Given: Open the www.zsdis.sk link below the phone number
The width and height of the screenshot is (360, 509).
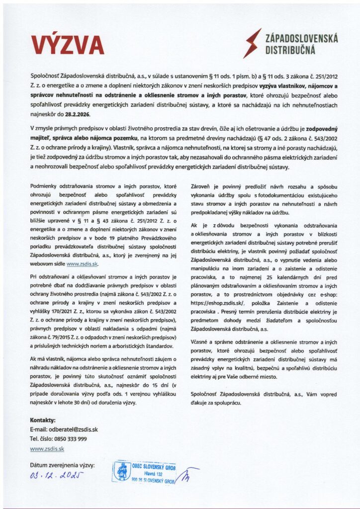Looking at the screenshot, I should click(47, 448).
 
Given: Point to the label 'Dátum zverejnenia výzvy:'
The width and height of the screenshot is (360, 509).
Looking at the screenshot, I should click(62, 465).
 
